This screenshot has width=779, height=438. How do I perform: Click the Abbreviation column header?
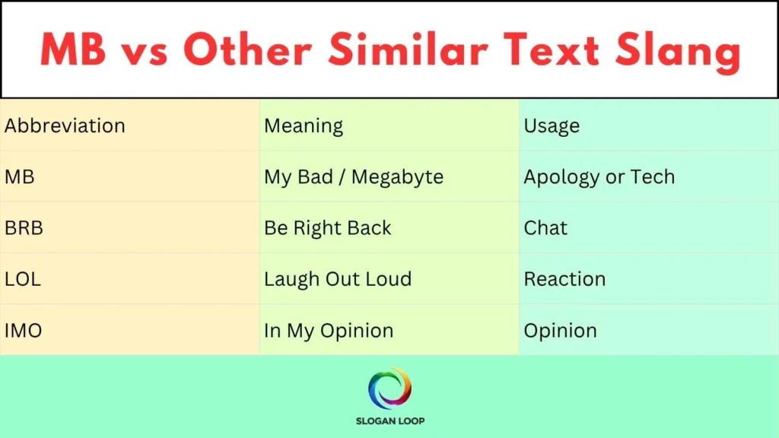(65, 125)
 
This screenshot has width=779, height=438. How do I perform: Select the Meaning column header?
(304, 125)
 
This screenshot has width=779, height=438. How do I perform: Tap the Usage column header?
(552, 125)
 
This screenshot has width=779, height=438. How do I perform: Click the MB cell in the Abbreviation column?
(20, 177)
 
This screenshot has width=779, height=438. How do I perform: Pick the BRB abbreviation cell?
(23, 228)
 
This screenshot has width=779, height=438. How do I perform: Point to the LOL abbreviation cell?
(23, 279)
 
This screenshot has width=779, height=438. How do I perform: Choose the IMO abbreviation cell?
(24, 331)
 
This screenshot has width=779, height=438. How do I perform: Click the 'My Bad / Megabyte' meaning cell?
(354, 177)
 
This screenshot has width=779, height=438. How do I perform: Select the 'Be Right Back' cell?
(328, 228)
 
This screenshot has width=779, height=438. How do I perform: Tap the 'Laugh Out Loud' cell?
(338, 279)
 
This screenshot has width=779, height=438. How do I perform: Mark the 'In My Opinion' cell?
(329, 331)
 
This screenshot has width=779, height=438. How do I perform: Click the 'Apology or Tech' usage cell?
(599, 177)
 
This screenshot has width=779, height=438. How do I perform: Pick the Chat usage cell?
(545, 228)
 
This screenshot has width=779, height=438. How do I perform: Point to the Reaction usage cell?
(564, 279)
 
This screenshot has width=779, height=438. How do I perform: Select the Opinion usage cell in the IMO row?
(560, 331)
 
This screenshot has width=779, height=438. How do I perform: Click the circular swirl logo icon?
(389, 389)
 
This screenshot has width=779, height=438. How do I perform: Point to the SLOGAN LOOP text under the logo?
(389, 421)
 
